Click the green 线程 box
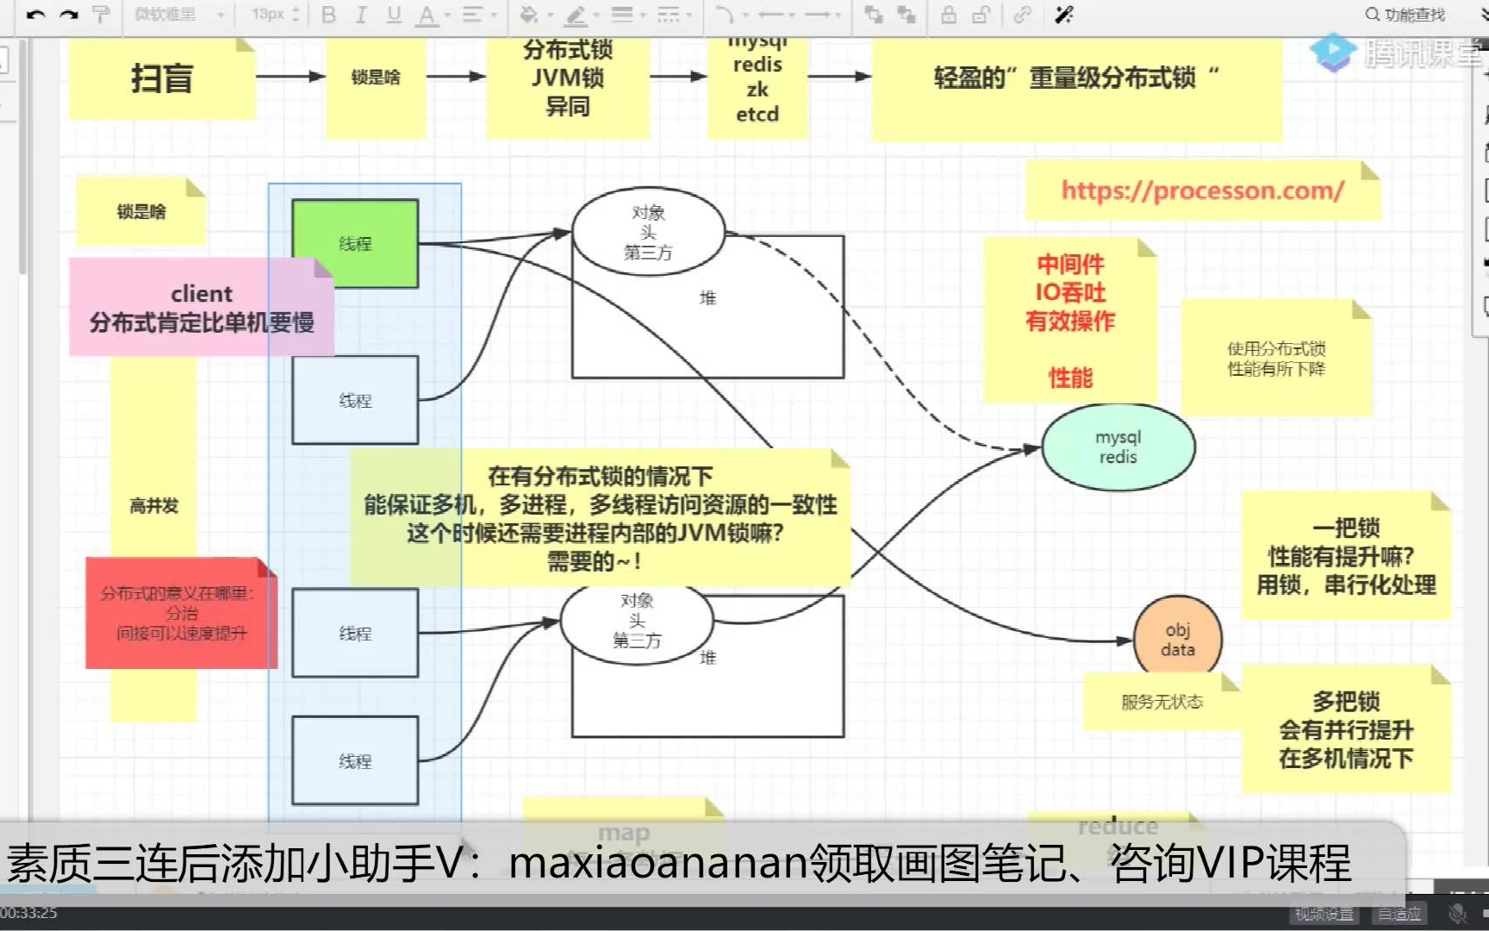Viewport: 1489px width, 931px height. pos(355,243)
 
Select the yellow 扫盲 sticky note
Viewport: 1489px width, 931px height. pos(161,79)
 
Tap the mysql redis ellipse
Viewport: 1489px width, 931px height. pos(1118,447)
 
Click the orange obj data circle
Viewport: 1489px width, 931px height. pos(1177,640)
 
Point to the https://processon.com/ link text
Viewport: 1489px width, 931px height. pos(1201,191)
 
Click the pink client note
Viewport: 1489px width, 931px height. pos(201,308)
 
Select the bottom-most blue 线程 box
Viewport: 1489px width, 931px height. pos(355,760)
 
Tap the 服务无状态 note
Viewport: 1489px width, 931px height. pos(1161,702)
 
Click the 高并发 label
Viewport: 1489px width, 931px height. pos(153,506)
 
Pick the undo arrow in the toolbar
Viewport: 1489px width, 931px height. pos(35,15)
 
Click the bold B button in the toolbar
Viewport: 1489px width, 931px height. pos(328,15)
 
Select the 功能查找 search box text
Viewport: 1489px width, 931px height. pos(1413,15)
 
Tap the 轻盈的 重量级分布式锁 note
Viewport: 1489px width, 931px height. pos(1076,79)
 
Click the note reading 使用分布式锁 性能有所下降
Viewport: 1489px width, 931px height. pos(1275,359)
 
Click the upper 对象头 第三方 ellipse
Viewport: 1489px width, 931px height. pos(648,232)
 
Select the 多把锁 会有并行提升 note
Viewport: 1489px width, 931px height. pos(1345,729)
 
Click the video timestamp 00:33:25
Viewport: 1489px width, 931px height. pos(28,913)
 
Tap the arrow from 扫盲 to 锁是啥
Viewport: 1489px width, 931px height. pos(290,77)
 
